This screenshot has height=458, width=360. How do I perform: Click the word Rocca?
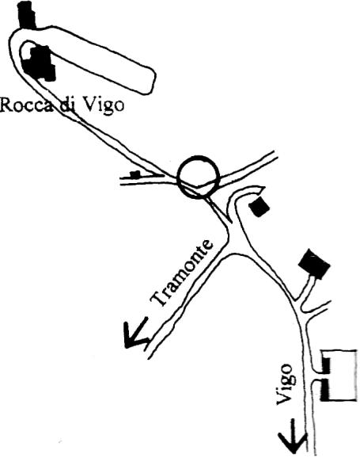(27, 105)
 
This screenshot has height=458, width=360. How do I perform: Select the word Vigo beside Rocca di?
(101, 106)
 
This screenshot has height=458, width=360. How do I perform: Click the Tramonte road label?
(182, 273)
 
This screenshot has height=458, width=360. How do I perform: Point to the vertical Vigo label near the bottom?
(285, 384)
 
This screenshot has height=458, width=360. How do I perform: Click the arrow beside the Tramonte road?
(135, 333)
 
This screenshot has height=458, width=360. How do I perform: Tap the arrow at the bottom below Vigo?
(292, 437)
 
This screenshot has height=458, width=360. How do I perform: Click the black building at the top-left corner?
(27, 14)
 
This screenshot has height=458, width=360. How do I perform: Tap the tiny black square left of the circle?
(135, 174)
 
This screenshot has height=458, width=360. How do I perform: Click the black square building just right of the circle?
(259, 207)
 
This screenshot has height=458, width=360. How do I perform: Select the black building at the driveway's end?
(314, 264)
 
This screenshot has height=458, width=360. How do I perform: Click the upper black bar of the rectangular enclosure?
(325, 364)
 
